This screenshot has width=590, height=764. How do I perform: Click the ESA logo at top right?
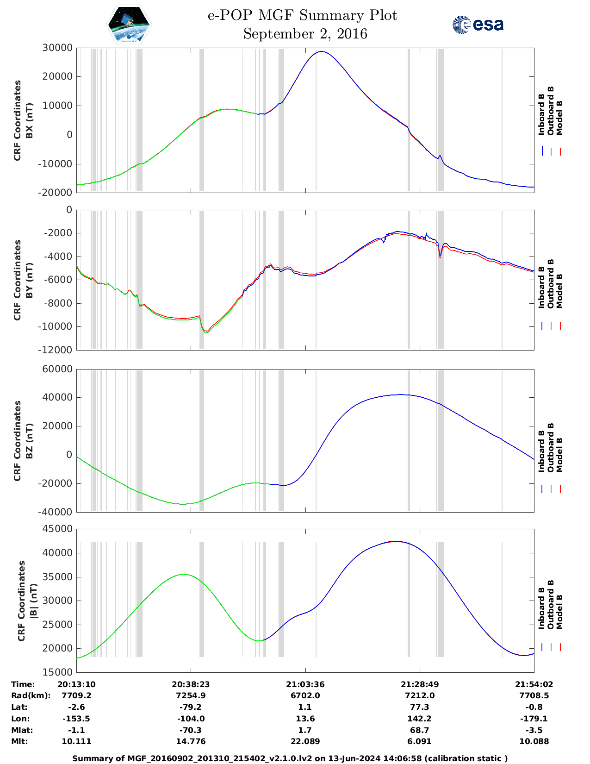click(478, 24)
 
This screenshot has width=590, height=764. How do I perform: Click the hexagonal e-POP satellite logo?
click(129, 25)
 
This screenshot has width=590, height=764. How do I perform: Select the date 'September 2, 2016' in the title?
click(305, 34)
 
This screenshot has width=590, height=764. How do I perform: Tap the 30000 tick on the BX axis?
click(57, 48)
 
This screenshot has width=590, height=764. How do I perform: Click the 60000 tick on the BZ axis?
click(57, 369)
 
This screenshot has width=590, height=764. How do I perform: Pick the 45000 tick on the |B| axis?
click(57, 529)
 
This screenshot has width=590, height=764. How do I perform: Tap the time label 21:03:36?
click(305, 684)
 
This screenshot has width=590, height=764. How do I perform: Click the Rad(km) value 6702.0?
click(305, 695)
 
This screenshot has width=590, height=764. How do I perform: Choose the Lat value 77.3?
click(420, 707)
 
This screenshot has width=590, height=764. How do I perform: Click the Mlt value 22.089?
click(305, 741)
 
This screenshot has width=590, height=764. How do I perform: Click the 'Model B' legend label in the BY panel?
click(559, 291)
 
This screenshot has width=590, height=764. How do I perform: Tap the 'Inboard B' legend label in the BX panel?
click(541, 114)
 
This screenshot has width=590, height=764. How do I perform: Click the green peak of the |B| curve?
click(184, 574)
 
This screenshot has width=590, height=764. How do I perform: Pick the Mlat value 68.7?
click(420, 730)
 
